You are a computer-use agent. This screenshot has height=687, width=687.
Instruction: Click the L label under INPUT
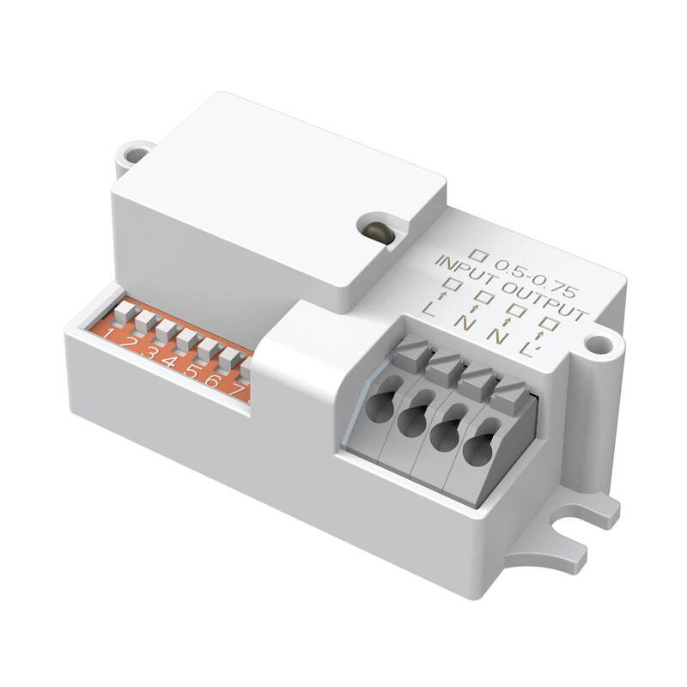429,308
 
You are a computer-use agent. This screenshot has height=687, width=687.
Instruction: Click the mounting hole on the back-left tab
134,155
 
